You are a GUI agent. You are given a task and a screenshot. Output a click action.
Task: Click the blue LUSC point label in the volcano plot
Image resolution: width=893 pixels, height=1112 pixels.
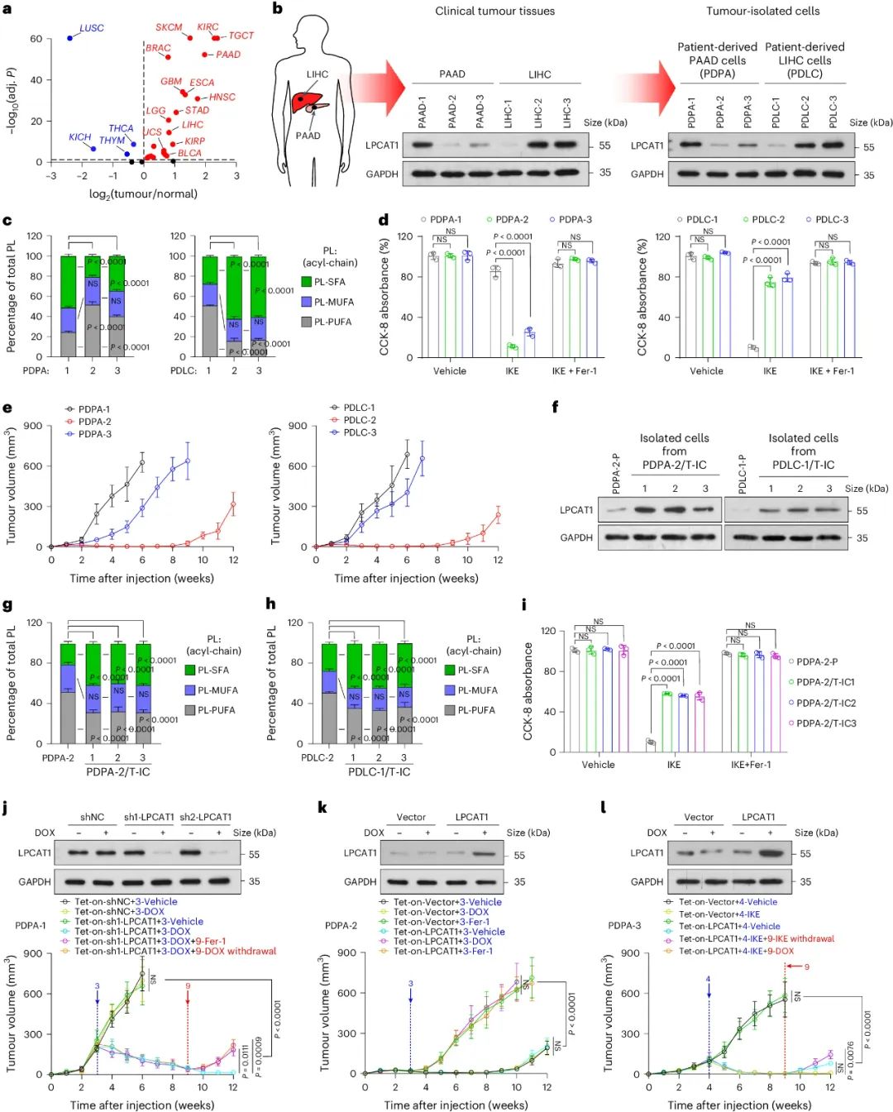(x=91, y=28)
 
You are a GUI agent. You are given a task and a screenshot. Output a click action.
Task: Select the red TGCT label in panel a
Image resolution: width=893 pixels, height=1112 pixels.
(x=241, y=36)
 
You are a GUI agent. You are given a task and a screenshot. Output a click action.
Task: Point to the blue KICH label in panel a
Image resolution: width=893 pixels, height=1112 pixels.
(x=79, y=137)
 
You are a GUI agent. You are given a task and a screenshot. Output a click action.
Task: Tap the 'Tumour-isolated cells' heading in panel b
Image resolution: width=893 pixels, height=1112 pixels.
(x=762, y=12)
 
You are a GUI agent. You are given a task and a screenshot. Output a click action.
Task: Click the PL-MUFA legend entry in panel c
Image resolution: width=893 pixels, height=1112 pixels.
(x=327, y=302)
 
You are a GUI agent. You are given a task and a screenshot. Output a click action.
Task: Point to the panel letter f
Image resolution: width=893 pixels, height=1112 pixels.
(x=555, y=407)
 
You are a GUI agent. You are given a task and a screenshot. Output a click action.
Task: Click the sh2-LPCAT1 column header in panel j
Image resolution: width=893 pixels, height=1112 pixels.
(x=205, y=818)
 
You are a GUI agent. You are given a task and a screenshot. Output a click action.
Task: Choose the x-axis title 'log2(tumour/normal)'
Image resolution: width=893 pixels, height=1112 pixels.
(x=143, y=194)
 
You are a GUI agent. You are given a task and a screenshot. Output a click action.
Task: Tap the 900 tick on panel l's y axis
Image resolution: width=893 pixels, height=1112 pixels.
(x=630, y=953)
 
